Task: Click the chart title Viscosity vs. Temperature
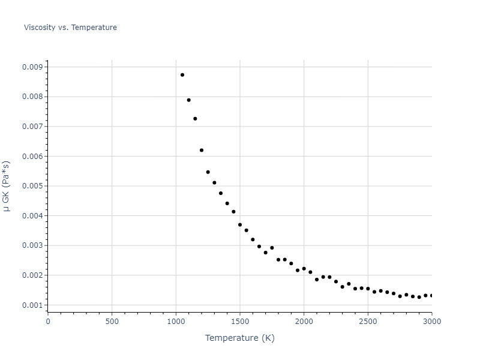[x=70, y=28]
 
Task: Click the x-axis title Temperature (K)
[x=239, y=338]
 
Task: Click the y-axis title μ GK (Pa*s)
[x=7, y=186]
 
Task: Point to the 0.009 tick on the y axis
[x=32, y=67]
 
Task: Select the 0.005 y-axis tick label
[x=32, y=186]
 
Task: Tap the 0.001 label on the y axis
[x=32, y=305]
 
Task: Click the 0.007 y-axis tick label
[x=32, y=127]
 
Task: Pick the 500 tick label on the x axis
[x=112, y=322]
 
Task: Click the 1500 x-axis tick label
[x=240, y=322]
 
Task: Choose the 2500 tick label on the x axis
[x=368, y=322]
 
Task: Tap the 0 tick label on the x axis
[x=48, y=322]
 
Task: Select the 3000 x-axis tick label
[x=431, y=322]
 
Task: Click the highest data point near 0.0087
[x=182, y=75]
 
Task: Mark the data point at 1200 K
[x=202, y=150]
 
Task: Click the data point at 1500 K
[x=240, y=225]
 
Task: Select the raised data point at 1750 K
[x=272, y=248]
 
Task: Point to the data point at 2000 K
[x=304, y=269]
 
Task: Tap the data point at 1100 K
[x=188, y=100]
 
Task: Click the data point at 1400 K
[x=227, y=203]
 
